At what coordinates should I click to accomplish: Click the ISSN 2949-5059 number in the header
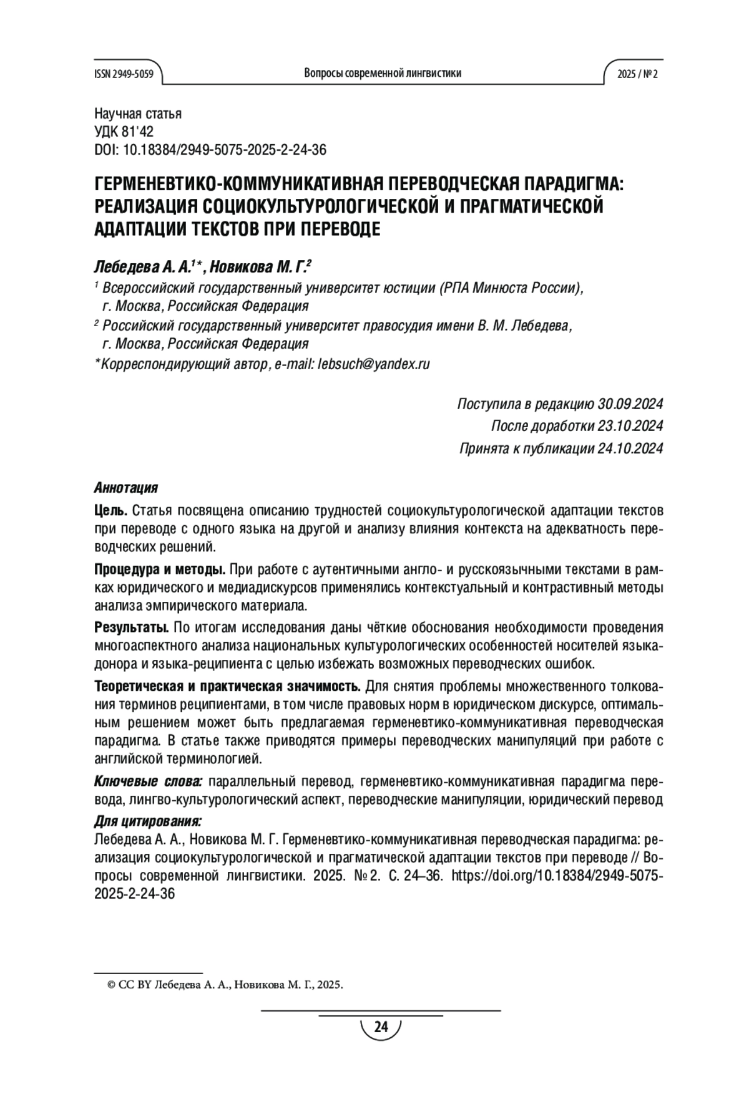tap(124, 74)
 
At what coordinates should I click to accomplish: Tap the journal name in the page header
tap(382, 74)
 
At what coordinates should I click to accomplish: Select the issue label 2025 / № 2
tap(637, 74)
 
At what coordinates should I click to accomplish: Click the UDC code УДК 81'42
tap(124, 132)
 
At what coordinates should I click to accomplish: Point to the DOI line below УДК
tap(210, 150)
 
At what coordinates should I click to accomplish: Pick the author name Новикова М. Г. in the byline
tap(258, 268)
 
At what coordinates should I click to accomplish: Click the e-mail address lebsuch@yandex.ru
tap(374, 364)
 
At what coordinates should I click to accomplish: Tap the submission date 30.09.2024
tap(630, 404)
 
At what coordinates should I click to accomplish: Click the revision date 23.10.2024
tap(630, 426)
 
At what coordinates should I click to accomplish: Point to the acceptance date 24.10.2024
tap(630, 448)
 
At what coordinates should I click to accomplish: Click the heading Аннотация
tap(125, 487)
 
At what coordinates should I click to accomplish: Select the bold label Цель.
tap(110, 511)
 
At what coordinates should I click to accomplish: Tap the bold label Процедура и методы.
tap(160, 569)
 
